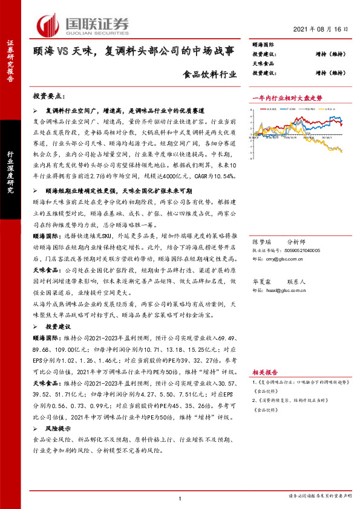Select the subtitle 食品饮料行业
pyautogui.click(x=211, y=76)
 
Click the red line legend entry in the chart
pyautogui.click(x=271, y=109)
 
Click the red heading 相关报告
pyautogui.click(x=264, y=372)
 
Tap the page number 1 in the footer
pyautogui.click(x=180, y=498)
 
